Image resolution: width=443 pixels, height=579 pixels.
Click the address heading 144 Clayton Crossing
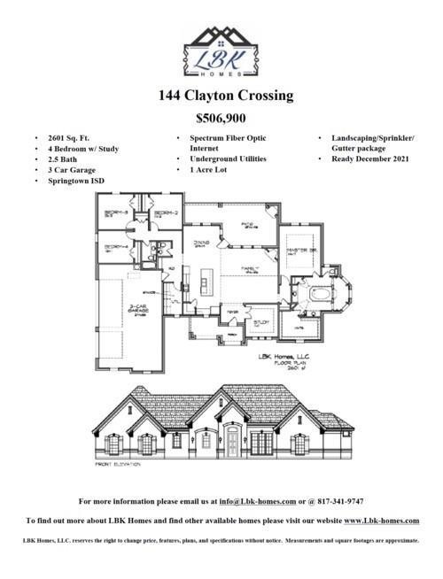(221, 96)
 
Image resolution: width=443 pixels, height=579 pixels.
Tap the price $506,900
(221, 118)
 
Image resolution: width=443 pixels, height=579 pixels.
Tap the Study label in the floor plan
(261, 322)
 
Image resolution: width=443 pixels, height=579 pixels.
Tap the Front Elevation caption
(119, 464)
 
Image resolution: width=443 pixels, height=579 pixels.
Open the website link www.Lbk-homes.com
(381, 521)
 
